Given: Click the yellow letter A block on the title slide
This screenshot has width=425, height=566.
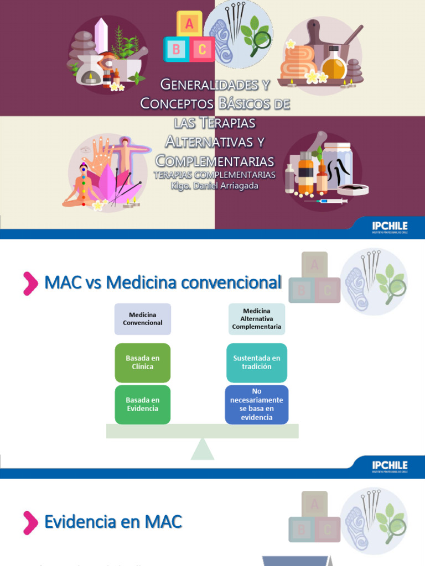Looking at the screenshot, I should (189, 23).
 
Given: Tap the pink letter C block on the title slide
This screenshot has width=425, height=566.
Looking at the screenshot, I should (202, 49).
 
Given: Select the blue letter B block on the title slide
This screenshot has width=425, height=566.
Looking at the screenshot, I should (176, 49).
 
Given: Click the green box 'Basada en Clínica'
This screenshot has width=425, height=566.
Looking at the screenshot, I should (143, 363).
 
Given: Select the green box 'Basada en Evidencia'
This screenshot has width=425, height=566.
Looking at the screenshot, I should (143, 405).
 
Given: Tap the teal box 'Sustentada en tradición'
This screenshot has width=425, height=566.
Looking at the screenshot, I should (257, 363).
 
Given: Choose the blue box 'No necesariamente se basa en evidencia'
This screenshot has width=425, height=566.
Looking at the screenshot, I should (257, 405).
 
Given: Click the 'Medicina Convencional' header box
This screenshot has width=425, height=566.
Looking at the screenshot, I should (143, 319).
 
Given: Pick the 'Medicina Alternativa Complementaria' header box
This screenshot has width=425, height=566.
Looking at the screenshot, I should (257, 319).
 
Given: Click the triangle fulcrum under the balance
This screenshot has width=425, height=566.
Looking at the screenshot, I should (203, 449).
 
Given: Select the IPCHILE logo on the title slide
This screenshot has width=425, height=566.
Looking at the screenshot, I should (390, 227).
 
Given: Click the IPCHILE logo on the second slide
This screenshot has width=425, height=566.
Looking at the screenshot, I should (390, 467).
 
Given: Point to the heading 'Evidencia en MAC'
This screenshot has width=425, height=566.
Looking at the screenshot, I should (113, 522).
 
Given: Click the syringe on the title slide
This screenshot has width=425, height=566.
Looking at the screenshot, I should (326, 201).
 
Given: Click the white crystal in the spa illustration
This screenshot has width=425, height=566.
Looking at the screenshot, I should (100, 36).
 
